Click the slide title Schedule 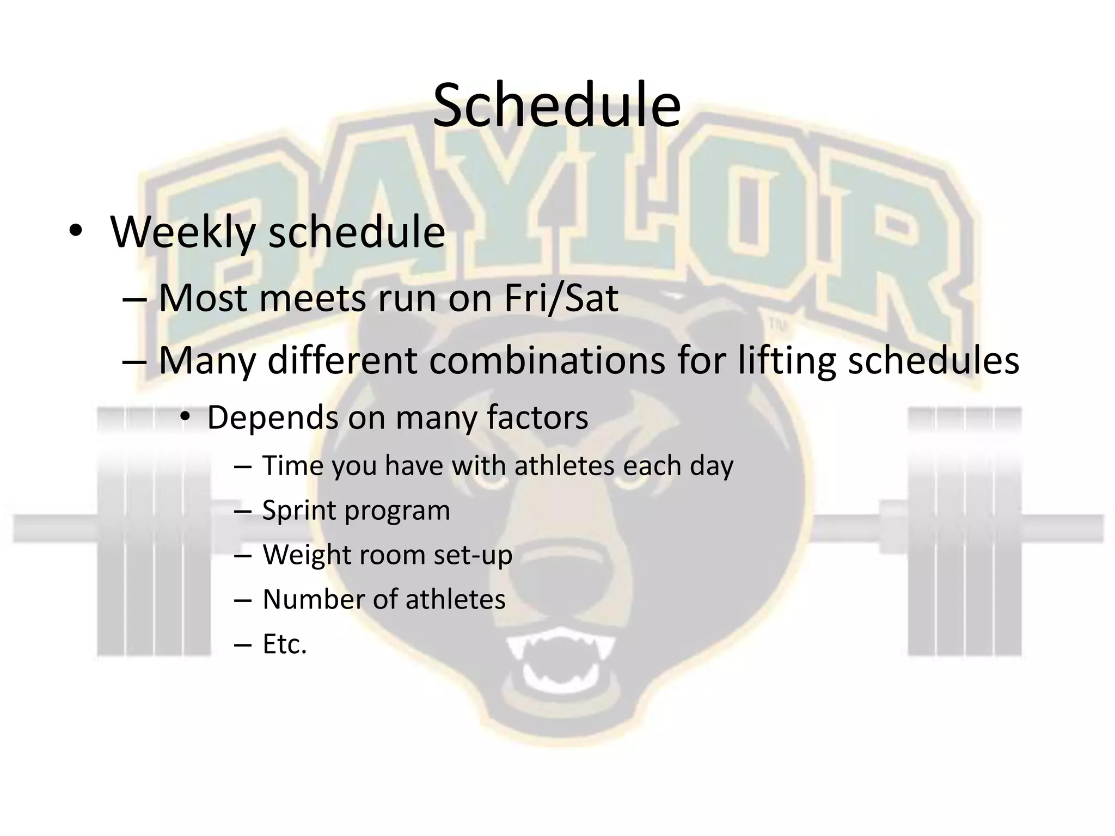[556, 105]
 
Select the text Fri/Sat [561, 298]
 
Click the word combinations [547, 360]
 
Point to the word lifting [786, 360]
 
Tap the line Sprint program [356, 511]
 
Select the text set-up [473, 555]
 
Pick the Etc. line [285, 644]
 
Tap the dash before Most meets [135, 299]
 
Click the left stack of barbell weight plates [154, 531]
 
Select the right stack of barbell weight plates [964, 531]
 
